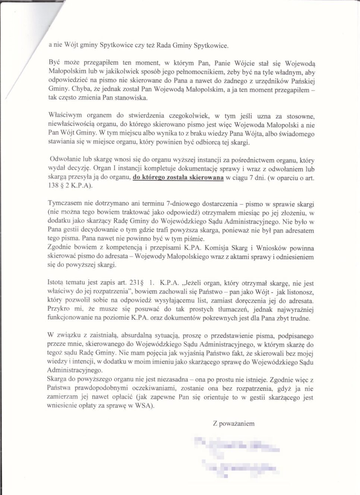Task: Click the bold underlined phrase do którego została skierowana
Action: (178, 178)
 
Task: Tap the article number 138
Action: (54, 186)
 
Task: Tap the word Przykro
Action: (59, 309)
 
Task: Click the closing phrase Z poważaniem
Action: (234, 423)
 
